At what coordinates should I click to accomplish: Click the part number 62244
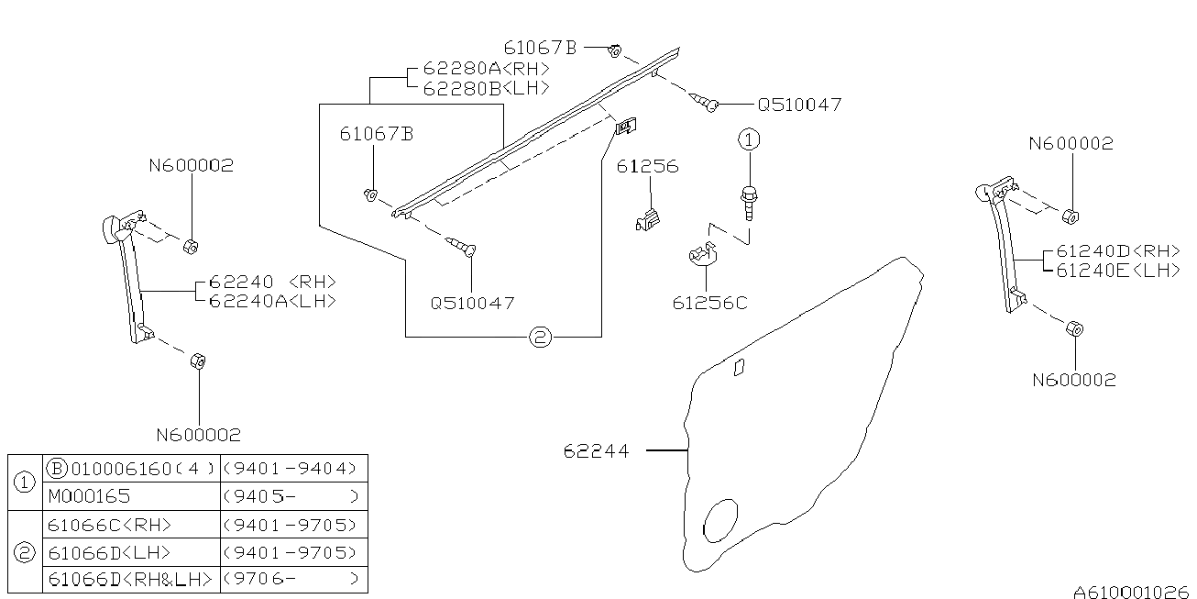pos(596,451)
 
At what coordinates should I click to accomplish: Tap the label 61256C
pos(708,303)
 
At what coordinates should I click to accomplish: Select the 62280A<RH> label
pos(486,69)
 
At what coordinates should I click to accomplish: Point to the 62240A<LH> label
pos(272,301)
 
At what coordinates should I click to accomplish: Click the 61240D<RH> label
pos(1118,250)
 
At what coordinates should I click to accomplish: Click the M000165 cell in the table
pos(89,496)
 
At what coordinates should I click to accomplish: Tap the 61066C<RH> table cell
pos(110,525)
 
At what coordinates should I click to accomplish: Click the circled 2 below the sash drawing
pos(540,338)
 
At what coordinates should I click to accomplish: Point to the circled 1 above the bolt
pos(750,139)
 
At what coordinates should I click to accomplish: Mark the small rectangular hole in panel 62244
pos(739,367)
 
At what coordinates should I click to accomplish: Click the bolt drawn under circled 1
pos(750,201)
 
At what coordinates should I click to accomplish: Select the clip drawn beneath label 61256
pos(648,220)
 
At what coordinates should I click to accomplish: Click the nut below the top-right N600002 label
pos(1070,216)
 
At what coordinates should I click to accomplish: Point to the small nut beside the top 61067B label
pos(617,50)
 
